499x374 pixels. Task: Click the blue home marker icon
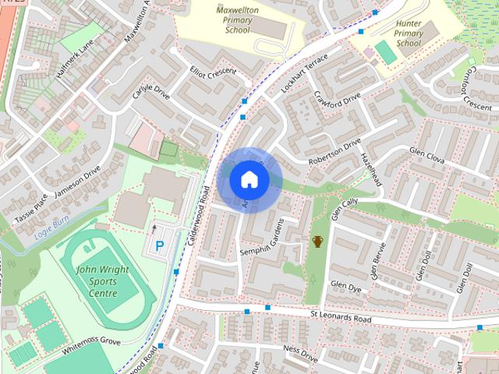point(249,180)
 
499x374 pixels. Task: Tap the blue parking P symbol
point(160,246)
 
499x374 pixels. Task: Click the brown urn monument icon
point(317,242)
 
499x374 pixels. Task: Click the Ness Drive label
point(300,355)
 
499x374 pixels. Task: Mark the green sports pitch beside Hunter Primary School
point(385,53)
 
